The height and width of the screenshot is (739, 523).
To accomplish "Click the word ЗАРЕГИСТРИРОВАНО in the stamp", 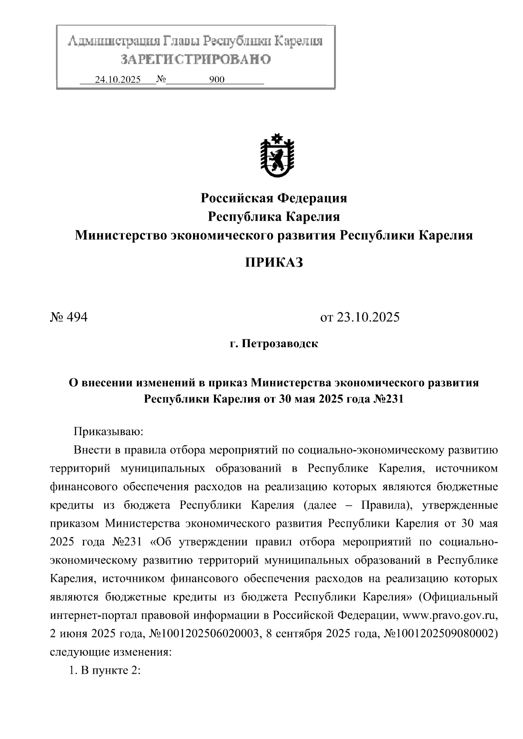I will pyautogui.click(x=195, y=60).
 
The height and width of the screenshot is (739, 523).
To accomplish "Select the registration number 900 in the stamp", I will pyautogui.click(x=217, y=80).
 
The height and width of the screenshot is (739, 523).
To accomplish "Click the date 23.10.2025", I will pyautogui.click(x=360, y=317).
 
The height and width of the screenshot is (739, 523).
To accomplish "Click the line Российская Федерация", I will pyautogui.click(x=274, y=198).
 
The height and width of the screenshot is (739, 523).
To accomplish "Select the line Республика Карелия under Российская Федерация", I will pyautogui.click(x=274, y=216).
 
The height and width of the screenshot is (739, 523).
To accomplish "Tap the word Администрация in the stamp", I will pyautogui.click(x=114, y=42).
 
